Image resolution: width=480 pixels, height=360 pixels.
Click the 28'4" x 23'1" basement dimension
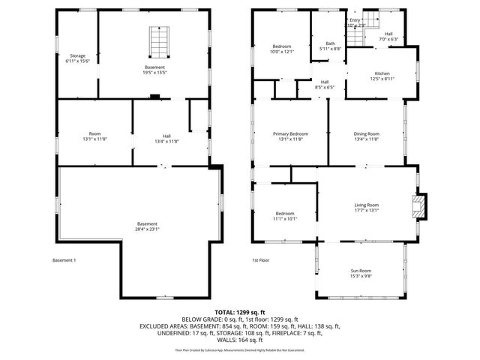148,229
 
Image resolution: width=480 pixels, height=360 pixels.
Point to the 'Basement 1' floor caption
64,260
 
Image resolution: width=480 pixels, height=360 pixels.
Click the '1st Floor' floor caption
260,260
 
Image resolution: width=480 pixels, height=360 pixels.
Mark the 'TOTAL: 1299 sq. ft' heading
240,311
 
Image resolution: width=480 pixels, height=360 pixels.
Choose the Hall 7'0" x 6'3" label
388,37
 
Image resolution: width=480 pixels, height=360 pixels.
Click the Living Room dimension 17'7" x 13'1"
367,210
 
